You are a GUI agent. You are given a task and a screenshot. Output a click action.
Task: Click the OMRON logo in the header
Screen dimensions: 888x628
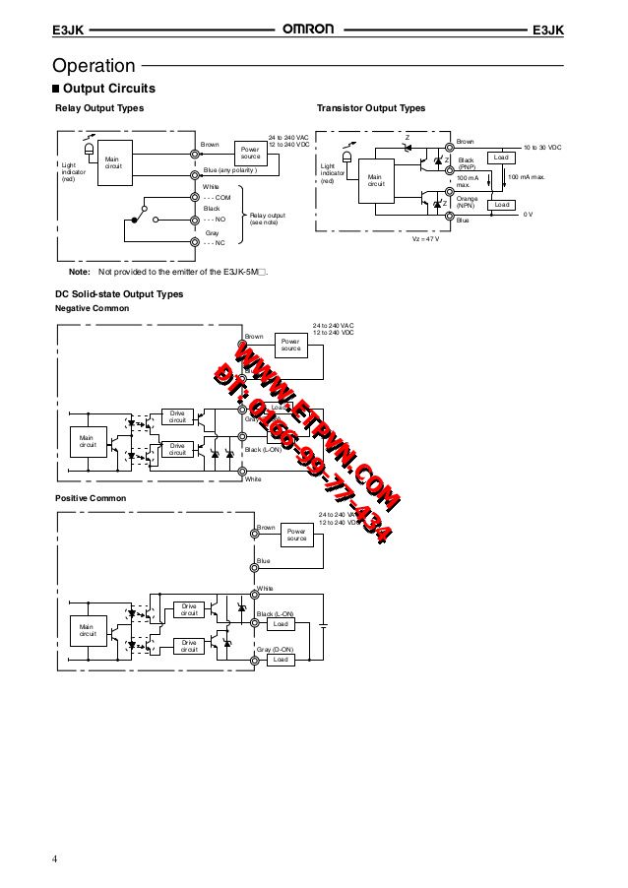(309, 31)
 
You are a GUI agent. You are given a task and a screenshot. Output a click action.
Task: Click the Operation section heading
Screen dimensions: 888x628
(94, 66)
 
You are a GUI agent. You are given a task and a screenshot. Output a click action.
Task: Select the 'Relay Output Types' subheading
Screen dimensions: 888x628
(98, 107)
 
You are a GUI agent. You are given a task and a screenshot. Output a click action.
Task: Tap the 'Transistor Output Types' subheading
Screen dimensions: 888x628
(370, 107)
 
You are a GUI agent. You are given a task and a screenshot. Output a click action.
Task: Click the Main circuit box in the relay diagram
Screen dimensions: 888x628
(112, 162)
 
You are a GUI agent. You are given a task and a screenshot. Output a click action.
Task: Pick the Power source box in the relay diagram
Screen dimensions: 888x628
(250, 153)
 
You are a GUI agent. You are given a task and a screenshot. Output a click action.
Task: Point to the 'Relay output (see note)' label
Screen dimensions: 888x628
(267, 219)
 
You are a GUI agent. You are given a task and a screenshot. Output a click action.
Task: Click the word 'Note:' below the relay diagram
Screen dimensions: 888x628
(79, 271)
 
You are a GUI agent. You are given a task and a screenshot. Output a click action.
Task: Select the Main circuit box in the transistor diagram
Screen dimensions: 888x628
(374, 181)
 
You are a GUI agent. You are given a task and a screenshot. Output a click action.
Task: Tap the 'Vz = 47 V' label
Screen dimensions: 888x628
(425, 239)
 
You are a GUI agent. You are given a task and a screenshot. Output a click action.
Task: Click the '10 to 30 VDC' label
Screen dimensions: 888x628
(541, 146)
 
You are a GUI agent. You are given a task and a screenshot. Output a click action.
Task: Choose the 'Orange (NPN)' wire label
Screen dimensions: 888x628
(467, 202)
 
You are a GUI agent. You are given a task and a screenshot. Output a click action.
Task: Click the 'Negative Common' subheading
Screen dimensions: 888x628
(92, 308)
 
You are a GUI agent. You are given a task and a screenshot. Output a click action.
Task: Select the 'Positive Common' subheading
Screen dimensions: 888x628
(90, 498)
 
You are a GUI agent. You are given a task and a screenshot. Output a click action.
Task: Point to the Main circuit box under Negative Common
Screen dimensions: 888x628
(87, 442)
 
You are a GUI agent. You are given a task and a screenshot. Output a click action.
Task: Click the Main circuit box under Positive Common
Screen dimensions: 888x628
(87, 630)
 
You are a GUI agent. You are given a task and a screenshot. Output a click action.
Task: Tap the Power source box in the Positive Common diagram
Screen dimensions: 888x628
(296, 535)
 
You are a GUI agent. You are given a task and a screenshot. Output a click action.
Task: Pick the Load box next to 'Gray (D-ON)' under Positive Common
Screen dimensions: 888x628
(281, 660)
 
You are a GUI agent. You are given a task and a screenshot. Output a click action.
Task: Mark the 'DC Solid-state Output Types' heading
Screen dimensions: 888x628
(119, 293)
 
